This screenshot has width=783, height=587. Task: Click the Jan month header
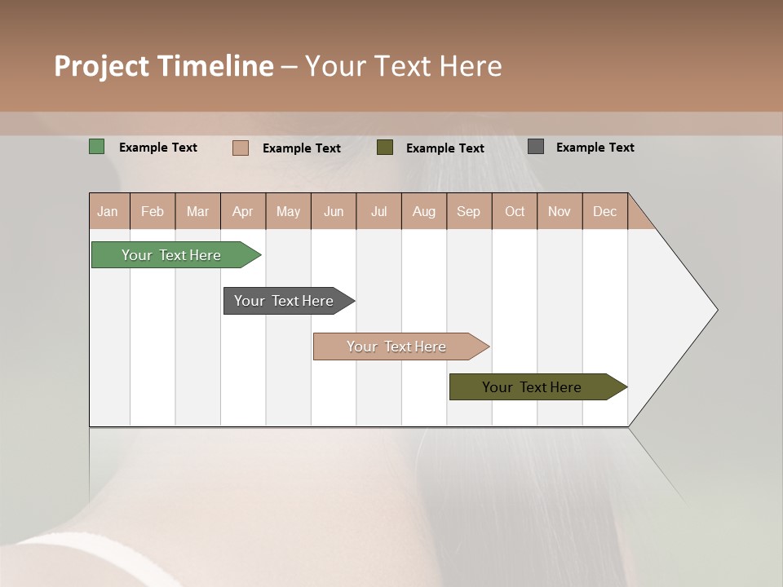108,211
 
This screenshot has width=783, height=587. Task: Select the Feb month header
153,211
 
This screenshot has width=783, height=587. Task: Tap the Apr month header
243,211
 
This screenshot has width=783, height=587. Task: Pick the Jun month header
334,211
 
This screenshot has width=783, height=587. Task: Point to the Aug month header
424,211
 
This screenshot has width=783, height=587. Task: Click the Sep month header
469,211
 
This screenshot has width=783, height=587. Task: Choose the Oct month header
515,211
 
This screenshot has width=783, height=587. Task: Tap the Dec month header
605,211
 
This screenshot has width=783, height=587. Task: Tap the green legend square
97,147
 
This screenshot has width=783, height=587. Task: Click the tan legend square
241,148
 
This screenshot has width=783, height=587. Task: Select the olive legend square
385,147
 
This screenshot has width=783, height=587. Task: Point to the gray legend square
536,147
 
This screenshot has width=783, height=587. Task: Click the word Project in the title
101,66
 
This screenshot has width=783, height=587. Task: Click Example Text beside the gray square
595,148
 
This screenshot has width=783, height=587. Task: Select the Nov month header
560,211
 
